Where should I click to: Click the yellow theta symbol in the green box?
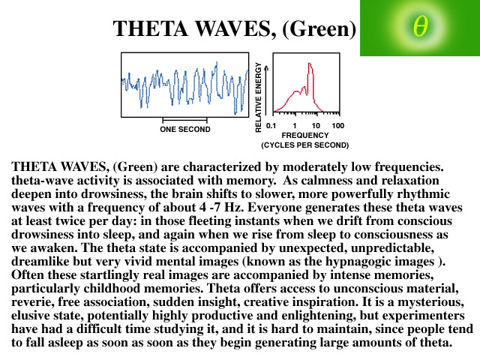coord(420,26)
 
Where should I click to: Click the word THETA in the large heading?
coord(150,28)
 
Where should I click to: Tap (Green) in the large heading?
coord(319,29)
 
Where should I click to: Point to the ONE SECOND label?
coord(185,129)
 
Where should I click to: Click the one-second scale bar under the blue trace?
coord(185,120)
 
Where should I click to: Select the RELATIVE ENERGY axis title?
coord(258,97)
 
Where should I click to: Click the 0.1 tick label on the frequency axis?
coord(271,125)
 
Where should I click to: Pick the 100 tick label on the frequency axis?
coord(338,125)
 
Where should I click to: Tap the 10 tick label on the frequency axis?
coord(316,125)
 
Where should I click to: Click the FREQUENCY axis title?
coord(305,135)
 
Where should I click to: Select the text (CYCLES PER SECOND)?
coord(305,145)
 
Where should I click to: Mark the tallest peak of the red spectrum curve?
coord(310,63)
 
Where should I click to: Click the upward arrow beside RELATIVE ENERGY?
coord(266,90)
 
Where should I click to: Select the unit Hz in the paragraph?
coord(234,208)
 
